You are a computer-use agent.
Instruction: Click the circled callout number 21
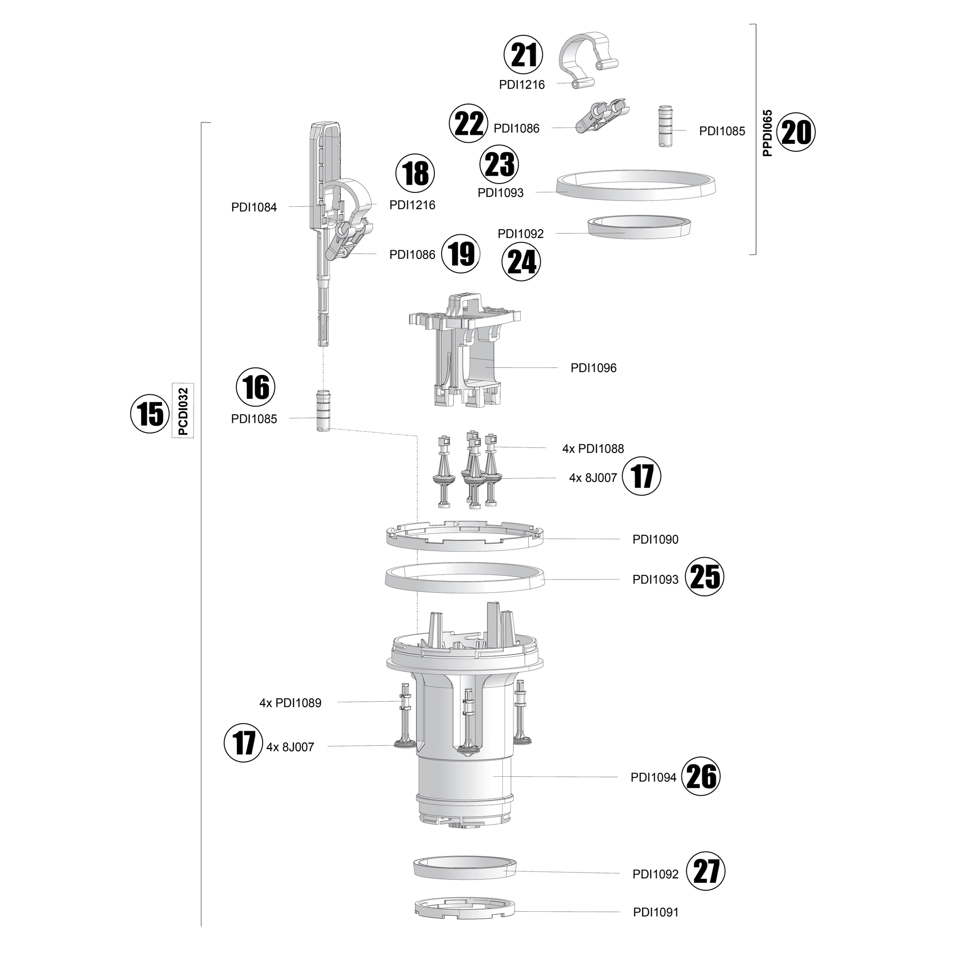coord(523,55)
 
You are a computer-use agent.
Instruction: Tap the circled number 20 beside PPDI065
coord(796,132)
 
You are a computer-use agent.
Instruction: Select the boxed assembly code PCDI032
coord(183,411)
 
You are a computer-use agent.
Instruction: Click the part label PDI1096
coord(593,368)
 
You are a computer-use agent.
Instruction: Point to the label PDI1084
coord(254,207)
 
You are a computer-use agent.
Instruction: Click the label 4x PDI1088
coord(593,449)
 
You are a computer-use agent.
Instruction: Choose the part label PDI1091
coord(655,912)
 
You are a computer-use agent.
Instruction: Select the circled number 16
coord(256,387)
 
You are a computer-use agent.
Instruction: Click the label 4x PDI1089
coord(290,703)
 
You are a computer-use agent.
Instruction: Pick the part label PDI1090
coord(655,539)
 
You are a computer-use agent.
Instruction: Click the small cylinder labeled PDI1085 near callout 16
coord(323,411)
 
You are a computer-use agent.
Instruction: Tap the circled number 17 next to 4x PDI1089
coord(243,743)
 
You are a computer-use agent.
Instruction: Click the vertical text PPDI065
coord(767,133)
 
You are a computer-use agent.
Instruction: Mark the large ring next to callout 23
coord(636,185)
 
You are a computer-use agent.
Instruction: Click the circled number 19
coord(461,254)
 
